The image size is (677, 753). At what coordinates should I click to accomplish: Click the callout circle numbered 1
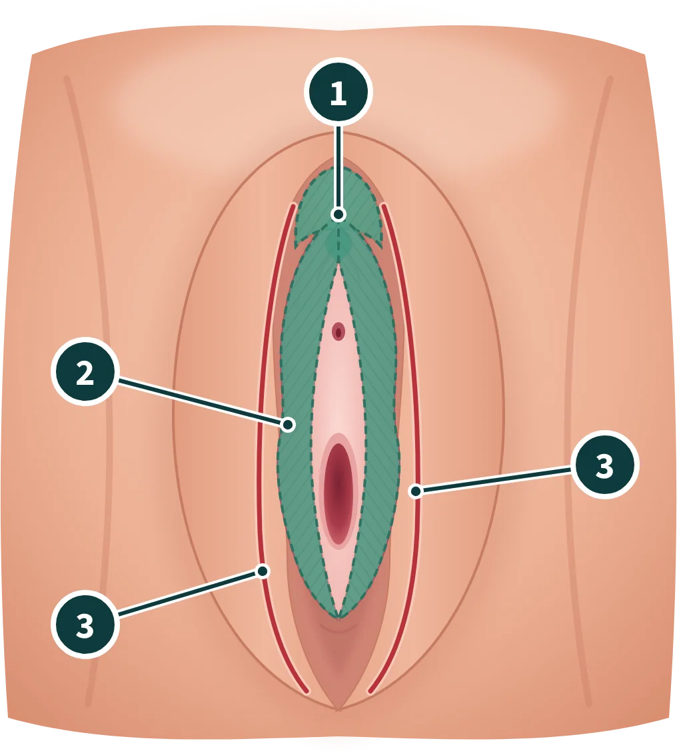(x=338, y=92)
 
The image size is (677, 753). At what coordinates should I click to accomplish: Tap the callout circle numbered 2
(x=85, y=372)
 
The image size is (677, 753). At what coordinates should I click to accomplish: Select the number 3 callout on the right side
(x=605, y=464)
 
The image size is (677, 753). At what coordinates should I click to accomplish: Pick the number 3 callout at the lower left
(x=85, y=625)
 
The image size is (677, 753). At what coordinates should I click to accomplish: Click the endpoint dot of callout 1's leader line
(x=338, y=214)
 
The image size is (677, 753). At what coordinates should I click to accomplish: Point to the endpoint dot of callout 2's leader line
(x=289, y=425)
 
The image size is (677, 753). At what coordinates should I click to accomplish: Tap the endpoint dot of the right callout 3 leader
(x=416, y=491)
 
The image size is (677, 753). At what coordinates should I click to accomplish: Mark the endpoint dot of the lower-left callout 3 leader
(x=263, y=571)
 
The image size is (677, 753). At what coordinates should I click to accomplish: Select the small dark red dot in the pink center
(x=338, y=332)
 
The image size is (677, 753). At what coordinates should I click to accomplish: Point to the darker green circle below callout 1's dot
(x=338, y=243)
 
